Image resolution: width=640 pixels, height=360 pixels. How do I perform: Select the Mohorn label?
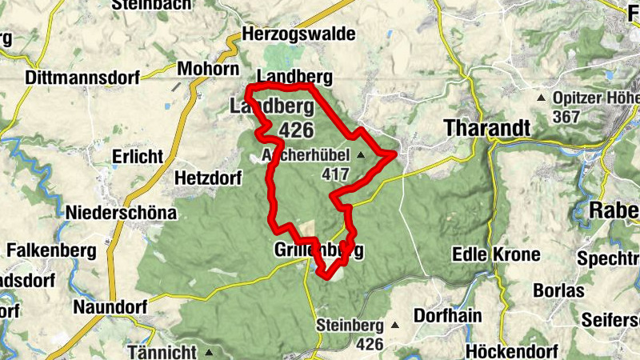click(x=203, y=67)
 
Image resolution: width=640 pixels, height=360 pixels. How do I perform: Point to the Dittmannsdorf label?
click(x=82, y=78)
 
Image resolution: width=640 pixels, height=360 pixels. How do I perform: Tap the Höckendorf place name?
click(x=488, y=351)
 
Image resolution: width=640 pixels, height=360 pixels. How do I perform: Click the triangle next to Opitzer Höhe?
click(x=541, y=98)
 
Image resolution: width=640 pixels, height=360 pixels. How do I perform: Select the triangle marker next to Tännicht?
click(x=209, y=352)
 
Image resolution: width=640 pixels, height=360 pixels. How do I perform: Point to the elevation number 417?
click(x=336, y=172)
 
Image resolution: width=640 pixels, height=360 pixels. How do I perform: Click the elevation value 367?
click(x=566, y=116)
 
